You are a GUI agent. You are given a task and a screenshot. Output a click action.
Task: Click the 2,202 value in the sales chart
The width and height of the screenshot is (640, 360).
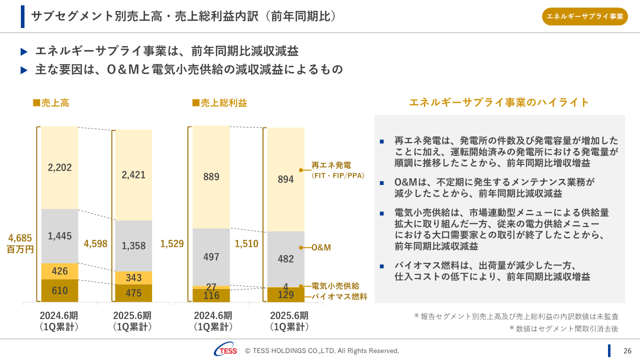pos(60,167)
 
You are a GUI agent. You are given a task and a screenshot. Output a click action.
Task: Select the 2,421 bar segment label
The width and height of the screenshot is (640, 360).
pos(133,174)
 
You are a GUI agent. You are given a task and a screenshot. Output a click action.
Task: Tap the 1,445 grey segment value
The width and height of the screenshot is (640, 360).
pos(60,236)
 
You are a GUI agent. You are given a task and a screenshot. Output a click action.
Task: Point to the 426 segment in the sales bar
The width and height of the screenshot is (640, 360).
pos(60,271)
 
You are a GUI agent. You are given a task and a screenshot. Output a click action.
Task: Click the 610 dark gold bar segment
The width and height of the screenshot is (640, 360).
pos(60,290)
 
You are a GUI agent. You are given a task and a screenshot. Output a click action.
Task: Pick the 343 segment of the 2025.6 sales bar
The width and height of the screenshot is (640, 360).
pos(133,277)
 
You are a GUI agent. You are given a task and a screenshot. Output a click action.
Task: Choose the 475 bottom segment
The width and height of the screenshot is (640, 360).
pos(133,293)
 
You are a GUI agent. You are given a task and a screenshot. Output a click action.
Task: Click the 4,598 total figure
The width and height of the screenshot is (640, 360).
pos(95,243)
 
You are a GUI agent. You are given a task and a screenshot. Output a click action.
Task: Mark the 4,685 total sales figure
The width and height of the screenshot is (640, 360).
pos(20,238)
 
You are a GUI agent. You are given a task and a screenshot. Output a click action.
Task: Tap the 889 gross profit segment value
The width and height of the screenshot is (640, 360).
pos(211,176)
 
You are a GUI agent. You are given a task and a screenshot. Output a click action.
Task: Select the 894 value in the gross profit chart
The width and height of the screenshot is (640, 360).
pos(285,179)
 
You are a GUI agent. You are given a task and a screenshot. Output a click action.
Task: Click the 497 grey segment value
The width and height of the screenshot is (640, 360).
pos(211,257)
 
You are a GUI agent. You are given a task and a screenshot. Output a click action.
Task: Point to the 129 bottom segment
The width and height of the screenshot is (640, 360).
pos(285,295)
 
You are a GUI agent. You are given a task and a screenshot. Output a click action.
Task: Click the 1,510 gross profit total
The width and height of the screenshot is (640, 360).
pos(246,244)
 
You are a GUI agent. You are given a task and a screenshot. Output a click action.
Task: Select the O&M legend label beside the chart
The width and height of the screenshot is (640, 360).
pos(321,247)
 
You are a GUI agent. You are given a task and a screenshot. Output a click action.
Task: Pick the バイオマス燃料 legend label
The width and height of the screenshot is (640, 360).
pos(339,296)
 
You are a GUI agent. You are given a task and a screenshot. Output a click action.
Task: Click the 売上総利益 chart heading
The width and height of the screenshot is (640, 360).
pos(220,103)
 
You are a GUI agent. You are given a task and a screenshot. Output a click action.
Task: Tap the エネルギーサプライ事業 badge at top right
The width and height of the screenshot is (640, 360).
pos(584,16)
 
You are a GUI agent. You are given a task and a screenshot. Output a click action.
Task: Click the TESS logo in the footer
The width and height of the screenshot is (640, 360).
pos(226,350)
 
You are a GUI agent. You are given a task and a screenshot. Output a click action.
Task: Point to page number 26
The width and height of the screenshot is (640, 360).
pos(627,350)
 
